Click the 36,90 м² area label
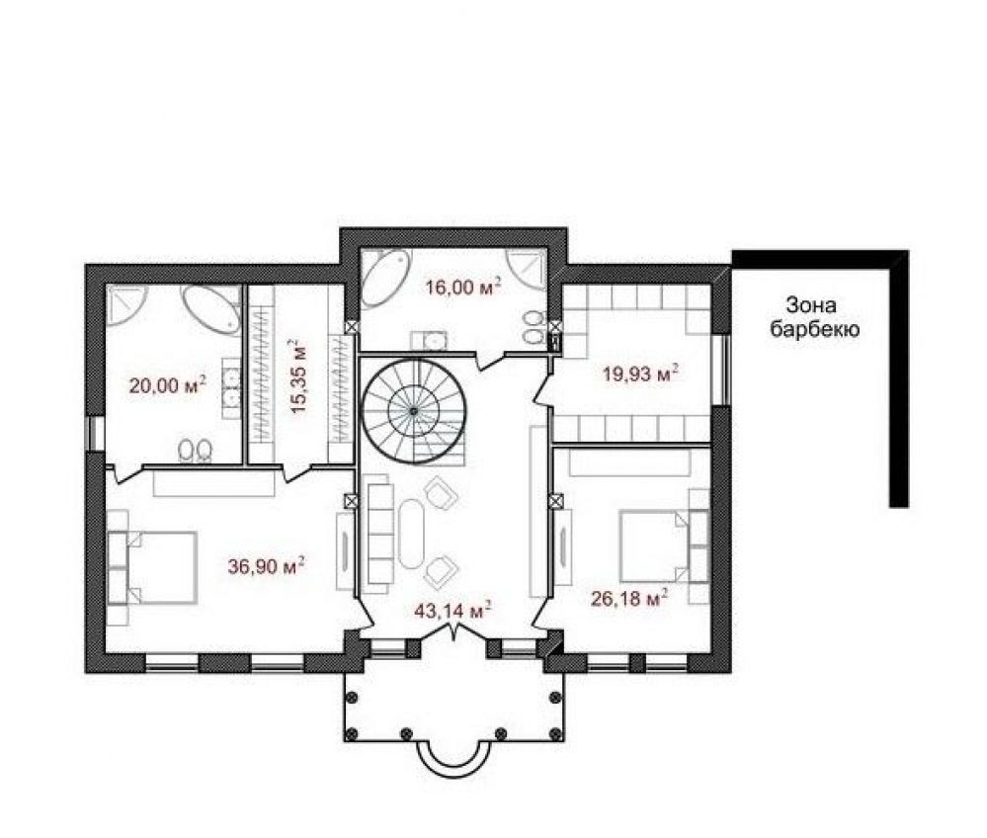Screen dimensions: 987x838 [267, 566]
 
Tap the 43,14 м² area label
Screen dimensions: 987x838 [452, 610]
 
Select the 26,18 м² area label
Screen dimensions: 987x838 [629, 598]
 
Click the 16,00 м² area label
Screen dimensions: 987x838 [463, 287]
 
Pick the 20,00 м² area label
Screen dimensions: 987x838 [168, 384]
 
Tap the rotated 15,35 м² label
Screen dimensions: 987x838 [297, 376]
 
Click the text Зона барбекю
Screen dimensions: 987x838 [814, 316]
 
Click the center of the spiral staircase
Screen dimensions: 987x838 [414, 411]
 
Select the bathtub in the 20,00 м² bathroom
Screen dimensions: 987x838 [211, 309]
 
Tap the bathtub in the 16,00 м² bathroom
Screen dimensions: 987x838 [385, 278]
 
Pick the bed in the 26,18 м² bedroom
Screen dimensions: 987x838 [655, 545]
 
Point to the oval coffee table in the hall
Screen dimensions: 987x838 [412, 535]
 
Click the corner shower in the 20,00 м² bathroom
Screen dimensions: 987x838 [125, 304]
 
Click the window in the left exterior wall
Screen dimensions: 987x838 [95, 433]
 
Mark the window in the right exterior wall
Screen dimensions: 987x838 [722, 370]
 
